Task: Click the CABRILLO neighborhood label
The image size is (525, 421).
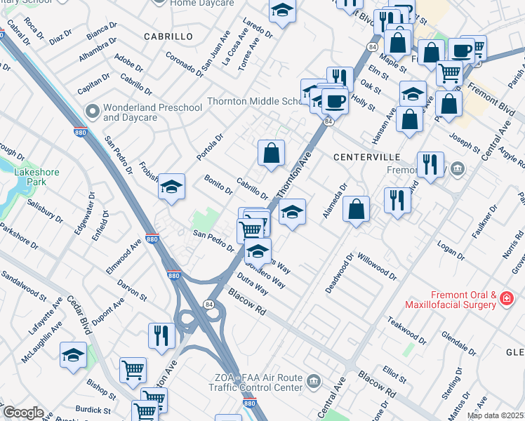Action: pos(168,36)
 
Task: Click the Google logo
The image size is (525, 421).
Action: pos(22,413)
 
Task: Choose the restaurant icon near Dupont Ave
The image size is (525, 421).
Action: pos(161,335)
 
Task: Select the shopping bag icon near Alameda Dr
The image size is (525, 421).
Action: pos(357,208)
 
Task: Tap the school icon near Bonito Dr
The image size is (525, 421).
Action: pos(171,187)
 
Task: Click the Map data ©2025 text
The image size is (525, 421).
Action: pos(495,415)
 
